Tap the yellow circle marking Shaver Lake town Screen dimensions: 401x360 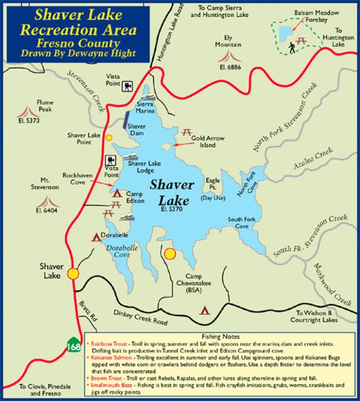[x=73, y=274]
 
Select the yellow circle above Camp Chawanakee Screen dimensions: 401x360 [x=170, y=254]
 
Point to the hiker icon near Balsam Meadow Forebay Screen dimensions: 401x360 [x=292, y=47]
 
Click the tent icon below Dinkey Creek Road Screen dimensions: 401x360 [x=204, y=310]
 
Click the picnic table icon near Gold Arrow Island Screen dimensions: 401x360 [x=186, y=133]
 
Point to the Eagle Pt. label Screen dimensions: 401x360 [x=213, y=184]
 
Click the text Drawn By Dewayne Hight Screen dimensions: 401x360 [x=78, y=53]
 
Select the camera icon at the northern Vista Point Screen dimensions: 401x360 [x=127, y=86]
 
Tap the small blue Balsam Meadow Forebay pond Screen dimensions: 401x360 [x=284, y=32]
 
